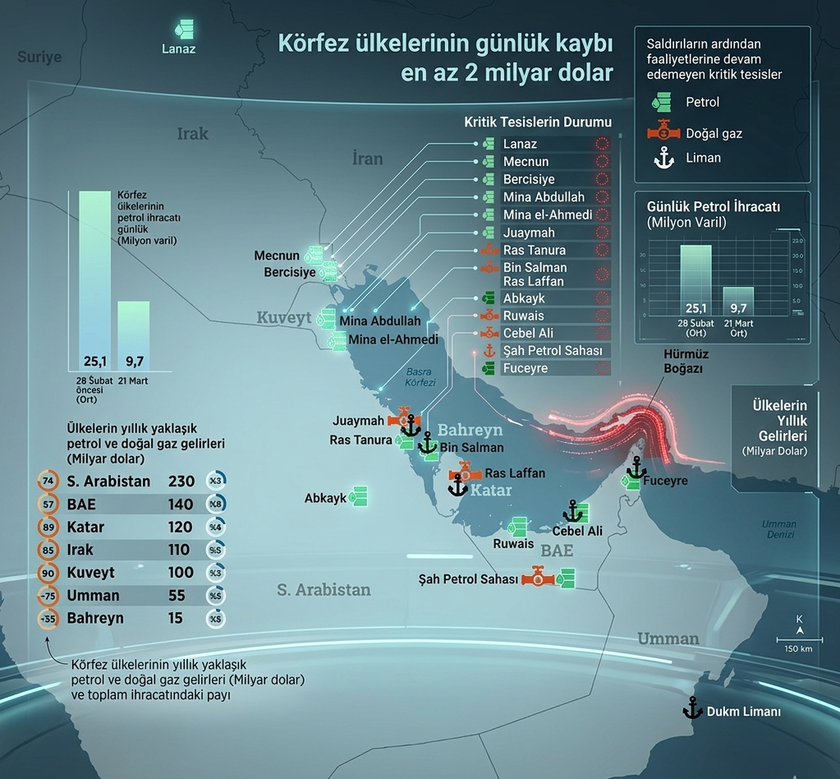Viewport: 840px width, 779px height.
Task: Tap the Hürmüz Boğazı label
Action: coord(686,362)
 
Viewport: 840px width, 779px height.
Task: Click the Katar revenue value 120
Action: coord(181,527)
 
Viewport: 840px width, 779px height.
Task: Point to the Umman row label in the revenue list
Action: coord(93,596)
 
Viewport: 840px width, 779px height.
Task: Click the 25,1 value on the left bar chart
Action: coord(96,361)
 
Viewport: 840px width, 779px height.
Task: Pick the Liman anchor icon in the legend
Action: coord(663,159)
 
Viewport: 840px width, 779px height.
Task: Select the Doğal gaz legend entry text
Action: coord(714,133)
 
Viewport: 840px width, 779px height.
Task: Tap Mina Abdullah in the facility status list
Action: coord(544,197)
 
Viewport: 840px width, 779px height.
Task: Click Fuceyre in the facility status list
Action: coord(526,369)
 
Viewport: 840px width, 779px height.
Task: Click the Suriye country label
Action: coord(40,57)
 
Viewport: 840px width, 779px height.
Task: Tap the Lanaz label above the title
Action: coord(179,48)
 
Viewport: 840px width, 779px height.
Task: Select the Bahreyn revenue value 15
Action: coord(175,619)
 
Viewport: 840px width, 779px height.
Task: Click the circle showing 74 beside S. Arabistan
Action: coord(48,482)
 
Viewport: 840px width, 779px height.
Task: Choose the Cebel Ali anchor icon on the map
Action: coord(573,512)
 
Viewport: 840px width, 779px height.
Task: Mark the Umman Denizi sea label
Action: coord(778,529)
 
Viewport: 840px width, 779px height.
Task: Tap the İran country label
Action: coord(367,159)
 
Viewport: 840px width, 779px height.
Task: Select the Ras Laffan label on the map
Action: coord(515,473)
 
